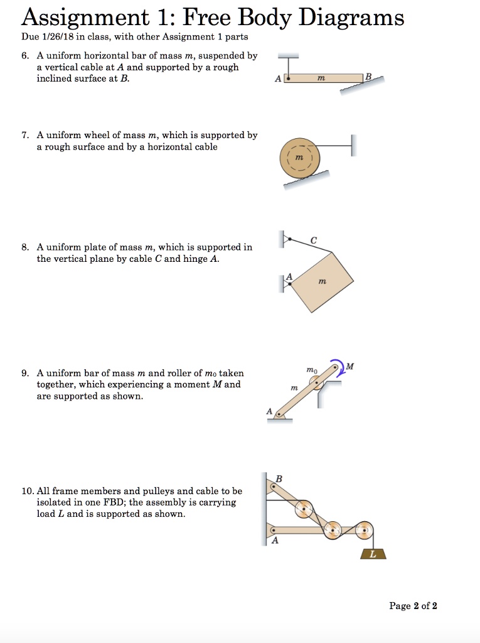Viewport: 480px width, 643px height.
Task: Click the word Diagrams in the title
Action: [x=351, y=18]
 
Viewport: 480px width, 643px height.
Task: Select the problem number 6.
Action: [x=24, y=56]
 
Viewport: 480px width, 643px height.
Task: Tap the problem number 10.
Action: [x=27, y=491]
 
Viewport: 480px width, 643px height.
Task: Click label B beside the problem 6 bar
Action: [x=368, y=77]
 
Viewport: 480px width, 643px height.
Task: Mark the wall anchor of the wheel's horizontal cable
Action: [x=353, y=146]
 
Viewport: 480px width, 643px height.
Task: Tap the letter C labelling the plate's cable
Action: [x=313, y=239]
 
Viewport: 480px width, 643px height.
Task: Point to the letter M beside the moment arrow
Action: [x=349, y=366]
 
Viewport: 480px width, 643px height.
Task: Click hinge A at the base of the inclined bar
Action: [x=279, y=414]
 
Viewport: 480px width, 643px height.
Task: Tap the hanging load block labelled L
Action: [x=373, y=554]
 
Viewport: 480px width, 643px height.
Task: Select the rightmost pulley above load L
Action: [x=363, y=531]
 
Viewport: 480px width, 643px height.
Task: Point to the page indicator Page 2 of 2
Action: [x=413, y=606]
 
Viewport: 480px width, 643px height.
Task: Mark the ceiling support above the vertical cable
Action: [x=288, y=55]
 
